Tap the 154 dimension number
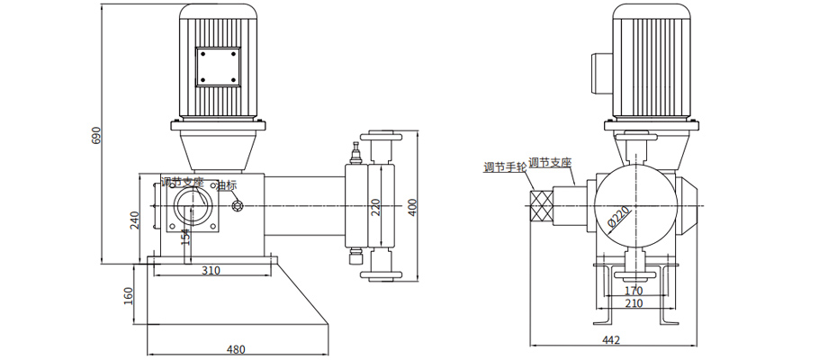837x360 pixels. pyautogui.click(x=184, y=236)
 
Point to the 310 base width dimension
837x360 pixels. pyautogui.click(x=211, y=270)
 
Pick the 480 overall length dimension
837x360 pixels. pyautogui.click(x=236, y=349)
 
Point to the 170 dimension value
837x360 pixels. pyautogui.click(x=634, y=290)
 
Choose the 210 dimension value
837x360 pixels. pyautogui.click(x=634, y=303)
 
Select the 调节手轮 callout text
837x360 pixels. pyautogui.click(x=503, y=167)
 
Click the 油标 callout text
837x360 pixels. pyautogui.click(x=226, y=186)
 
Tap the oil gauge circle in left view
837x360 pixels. pyautogui.click(x=238, y=206)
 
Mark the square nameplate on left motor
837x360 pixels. pyautogui.click(x=218, y=67)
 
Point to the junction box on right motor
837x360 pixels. pyautogui.click(x=600, y=71)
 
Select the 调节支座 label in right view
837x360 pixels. pyautogui.click(x=551, y=163)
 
